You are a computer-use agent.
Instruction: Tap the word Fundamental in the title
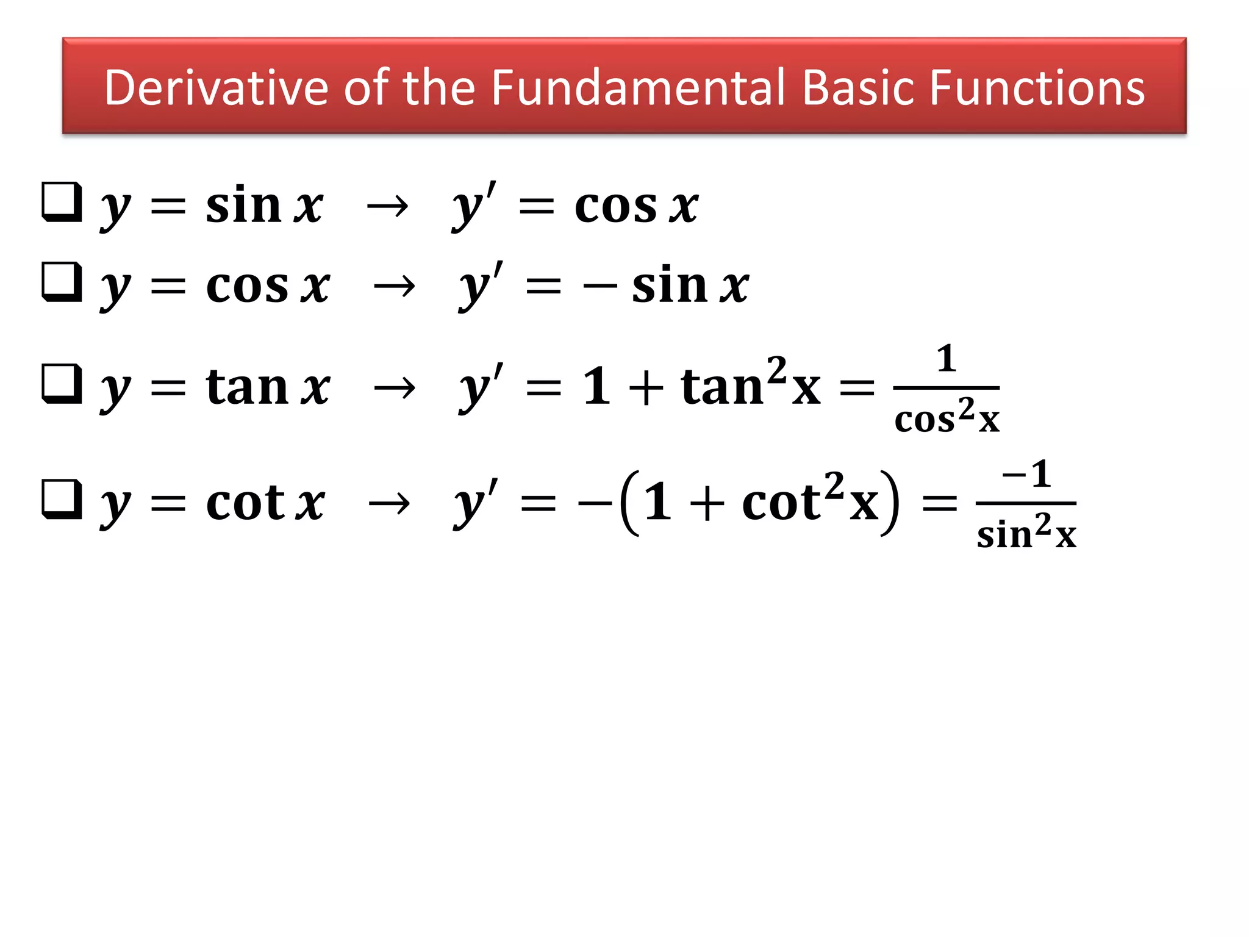pyautogui.click(x=637, y=88)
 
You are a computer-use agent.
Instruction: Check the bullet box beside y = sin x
pyautogui.click(x=62, y=202)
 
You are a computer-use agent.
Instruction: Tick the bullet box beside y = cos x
pyautogui.click(x=62, y=282)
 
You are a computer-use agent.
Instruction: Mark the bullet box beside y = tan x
pyautogui.click(x=62, y=384)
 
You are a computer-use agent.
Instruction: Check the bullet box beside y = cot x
pyautogui.click(x=62, y=500)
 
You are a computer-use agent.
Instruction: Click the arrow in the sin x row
pyautogui.click(x=387, y=207)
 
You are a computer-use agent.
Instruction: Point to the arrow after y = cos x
pyautogui.click(x=394, y=286)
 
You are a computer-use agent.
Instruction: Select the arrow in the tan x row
pyautogui.click(x=394, y=388)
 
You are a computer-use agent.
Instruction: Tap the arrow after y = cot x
pyautogui.click(x=388, y=504)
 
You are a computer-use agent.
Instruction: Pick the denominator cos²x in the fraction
pyautogui.click(x=947, y=418)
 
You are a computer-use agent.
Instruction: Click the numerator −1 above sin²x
pyautogui.click(x=1026, y=474)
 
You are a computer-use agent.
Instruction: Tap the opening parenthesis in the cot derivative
pyautogui.click(x=631, y=503)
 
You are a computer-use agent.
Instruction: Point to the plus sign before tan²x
pyautogui.click(x=646, y=388)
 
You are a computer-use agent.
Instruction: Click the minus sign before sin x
pyautogui.click(x=600, y=286)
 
